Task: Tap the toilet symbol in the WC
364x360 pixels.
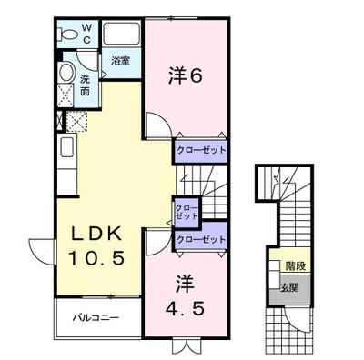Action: (x=67, y=35)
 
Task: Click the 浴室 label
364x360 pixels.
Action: (x=121, y=63)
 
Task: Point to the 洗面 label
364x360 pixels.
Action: (x=85, y=79)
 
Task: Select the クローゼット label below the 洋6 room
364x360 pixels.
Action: (x=199, y=148)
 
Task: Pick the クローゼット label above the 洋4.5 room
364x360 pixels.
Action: (x=199, y=238)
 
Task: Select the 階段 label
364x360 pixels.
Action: (x=293, y=268)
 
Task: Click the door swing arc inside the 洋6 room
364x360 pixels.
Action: (x=158, y=127)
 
